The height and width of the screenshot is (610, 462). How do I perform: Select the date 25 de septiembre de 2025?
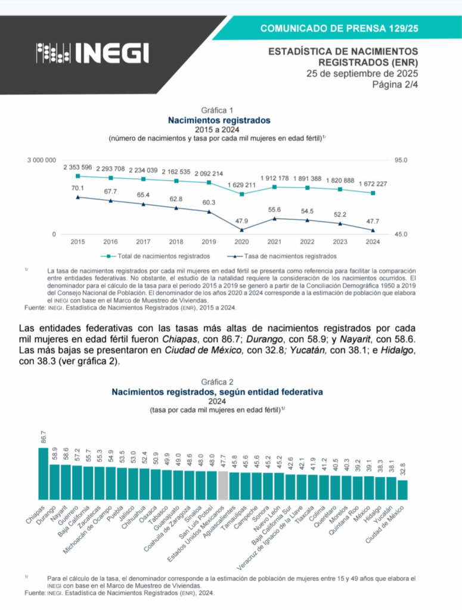pos(362,74)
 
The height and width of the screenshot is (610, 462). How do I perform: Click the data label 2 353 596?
pos(77,167)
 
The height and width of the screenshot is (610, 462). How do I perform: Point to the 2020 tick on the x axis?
pos(242,242)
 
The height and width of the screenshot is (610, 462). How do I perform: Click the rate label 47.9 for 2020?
pos(241,220)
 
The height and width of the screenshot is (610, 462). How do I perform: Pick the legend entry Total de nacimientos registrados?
pos(159,256)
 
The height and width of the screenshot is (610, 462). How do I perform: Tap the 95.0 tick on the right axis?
pos(401,160)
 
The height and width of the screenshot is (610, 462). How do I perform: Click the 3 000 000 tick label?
pos(42,160)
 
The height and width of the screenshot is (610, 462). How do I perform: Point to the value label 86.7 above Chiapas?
pos(44,437)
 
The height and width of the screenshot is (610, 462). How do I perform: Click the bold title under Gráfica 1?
pos(219,120)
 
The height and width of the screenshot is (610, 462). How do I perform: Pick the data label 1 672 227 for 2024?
pos(372,184)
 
